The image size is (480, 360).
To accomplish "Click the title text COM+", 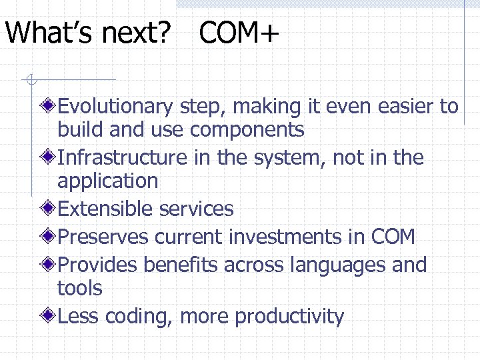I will click(239, 33).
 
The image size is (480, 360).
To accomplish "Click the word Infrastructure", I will click(123, 158).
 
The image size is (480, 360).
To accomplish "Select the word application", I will click(107, 181).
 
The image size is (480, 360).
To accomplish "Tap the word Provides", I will click(98, 265).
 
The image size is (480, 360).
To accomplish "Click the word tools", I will click(79, 288).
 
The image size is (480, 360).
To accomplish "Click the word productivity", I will click(289, 317).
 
